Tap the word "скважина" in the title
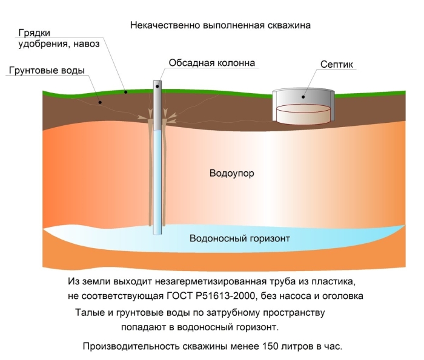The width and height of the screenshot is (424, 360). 290,26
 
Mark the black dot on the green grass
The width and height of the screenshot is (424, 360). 125,92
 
